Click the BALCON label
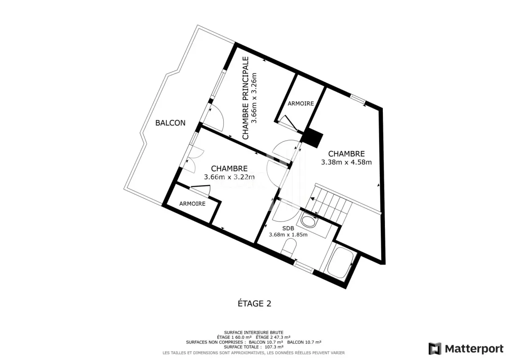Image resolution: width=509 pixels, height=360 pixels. point(170,123)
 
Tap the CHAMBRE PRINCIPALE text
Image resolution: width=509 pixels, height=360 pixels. point(245,98)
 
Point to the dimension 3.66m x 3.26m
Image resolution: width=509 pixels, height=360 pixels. point(254,98)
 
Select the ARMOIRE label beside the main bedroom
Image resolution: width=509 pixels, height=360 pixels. point(301,103)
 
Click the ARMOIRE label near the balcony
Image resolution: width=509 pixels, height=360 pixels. point(192,204)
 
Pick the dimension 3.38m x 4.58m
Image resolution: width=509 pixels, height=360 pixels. point(347,162)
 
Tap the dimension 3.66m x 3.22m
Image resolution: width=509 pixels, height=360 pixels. point(229,177)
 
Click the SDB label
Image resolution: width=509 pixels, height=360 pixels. point(288,228)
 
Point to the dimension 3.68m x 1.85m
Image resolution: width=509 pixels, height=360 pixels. point(288,235)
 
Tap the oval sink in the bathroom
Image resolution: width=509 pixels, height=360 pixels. point(309,221)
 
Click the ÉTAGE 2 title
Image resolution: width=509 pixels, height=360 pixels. point(254,303)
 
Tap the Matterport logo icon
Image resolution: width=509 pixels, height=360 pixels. point(435,349)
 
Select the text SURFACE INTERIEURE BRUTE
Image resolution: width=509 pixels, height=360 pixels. point(254,333)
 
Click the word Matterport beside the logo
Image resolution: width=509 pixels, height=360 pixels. point(474,349)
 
